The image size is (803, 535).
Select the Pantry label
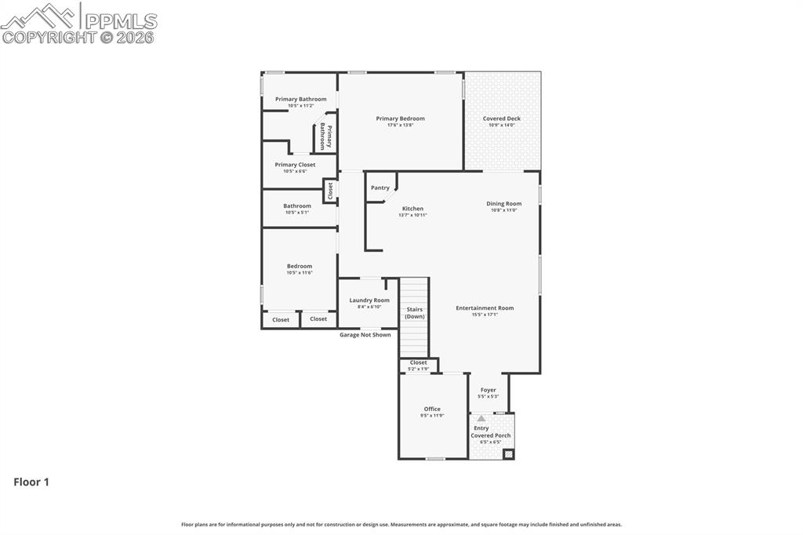[380, 187]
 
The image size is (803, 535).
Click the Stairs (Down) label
[415, 312]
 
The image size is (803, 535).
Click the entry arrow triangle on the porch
[481, 419]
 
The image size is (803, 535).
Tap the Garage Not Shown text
[365, 335]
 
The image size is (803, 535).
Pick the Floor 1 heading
[31, 482]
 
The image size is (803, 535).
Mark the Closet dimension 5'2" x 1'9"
[419, 368]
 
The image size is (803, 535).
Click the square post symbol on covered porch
[507, 453]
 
